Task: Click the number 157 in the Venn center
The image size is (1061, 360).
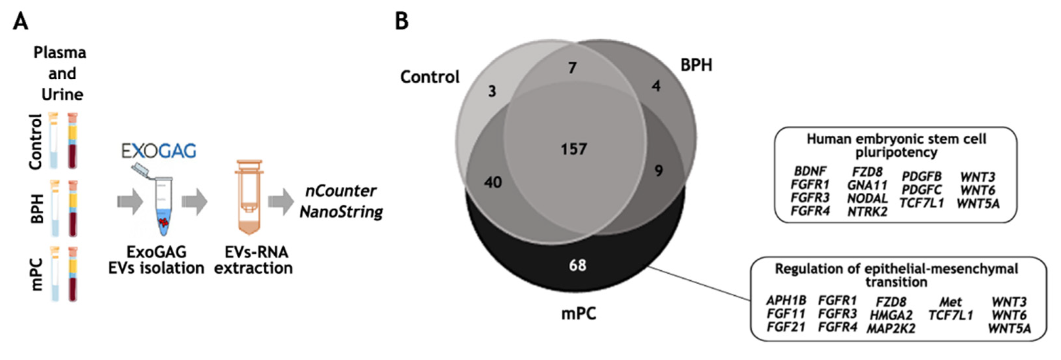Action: pos(573,149)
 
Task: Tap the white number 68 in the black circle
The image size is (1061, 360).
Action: pos(577,265)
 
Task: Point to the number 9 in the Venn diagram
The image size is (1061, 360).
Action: pos(659,170)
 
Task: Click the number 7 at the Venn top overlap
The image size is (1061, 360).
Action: pos(572,68)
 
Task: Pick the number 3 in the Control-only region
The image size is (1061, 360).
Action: pos(492,91)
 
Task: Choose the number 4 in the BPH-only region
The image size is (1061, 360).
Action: pos(656,86)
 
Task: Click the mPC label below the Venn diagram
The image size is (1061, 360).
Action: pos(578,313)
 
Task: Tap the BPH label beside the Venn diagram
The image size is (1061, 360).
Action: pos(696,65)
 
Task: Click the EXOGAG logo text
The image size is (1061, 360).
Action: pos(159,151)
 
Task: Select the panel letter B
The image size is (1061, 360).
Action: pos(402,21)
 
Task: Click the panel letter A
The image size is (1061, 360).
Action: pos(21,21)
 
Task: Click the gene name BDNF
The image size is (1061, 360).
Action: pos(810,171)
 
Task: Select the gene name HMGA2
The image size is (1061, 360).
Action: pos(891,315)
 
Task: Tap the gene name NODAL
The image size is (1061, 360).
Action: pos(867,198)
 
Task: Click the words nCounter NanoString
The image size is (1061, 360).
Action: pos(341,201)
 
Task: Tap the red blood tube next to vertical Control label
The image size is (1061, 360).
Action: pos(73,141)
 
